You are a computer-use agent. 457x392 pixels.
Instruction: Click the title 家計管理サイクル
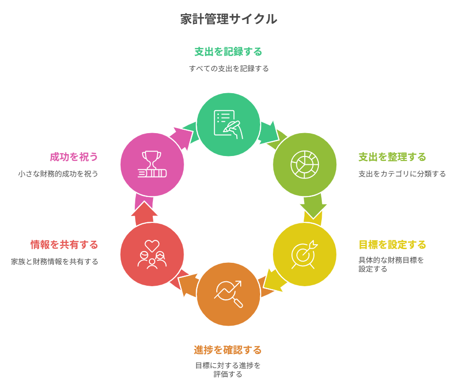(228, 19)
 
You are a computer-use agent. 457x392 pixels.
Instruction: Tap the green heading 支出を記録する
(228, 52)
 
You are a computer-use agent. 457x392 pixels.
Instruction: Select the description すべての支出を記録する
(228, 68)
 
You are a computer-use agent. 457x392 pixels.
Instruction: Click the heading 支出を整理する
(392, 157)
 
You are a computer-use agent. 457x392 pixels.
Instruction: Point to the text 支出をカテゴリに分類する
(402, 174)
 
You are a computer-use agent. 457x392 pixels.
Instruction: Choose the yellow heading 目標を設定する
(392, 244)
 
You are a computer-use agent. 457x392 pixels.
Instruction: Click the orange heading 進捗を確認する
(228, 350)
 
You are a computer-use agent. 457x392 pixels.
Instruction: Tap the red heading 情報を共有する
(64, 244)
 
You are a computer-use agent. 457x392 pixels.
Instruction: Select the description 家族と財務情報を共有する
(55, 262)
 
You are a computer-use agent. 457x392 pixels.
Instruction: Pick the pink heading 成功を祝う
(74, 157)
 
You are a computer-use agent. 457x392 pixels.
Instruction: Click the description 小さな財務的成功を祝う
(58, 174)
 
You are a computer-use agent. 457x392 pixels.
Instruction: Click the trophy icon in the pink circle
(152, 164)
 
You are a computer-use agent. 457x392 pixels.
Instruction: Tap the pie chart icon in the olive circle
(305, 164)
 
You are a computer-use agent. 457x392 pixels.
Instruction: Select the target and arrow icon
(304, 255)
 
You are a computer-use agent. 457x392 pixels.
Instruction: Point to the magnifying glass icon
(228, 294)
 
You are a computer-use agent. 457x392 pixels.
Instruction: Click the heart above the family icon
(152, 246)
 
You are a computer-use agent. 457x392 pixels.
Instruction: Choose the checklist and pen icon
(228, 124)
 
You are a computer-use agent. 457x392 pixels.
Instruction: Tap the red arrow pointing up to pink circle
(144, 213)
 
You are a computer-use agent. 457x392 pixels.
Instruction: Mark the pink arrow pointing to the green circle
(181, 138)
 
